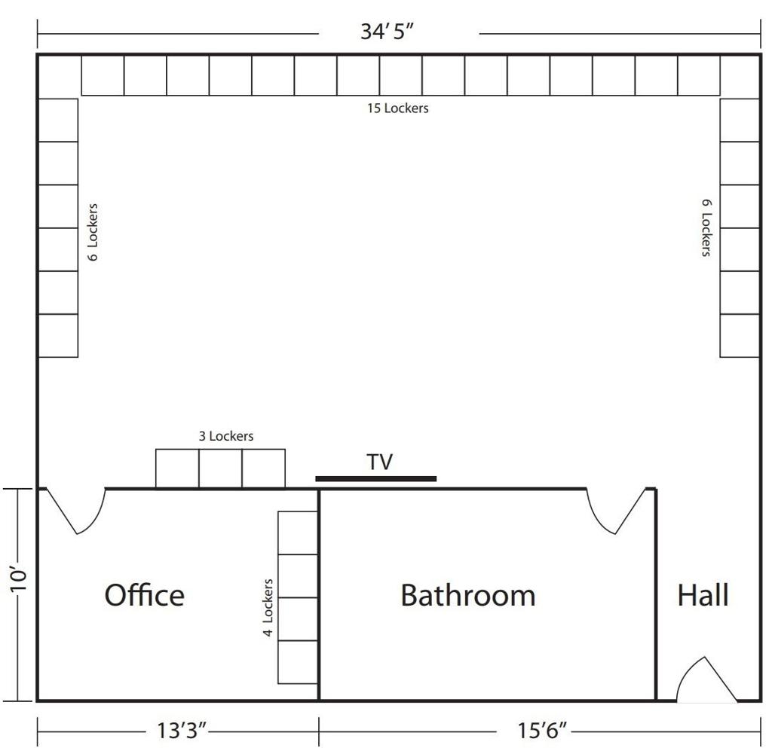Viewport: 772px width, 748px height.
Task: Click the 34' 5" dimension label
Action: [387, 32]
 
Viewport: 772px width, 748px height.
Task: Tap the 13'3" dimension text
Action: [181, 730]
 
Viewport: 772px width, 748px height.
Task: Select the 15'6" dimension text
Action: [542, 730]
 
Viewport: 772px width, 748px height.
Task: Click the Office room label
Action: [144, 594]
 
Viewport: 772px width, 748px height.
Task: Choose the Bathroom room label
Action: [467, 595]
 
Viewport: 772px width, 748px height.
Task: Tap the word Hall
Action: [703, 595]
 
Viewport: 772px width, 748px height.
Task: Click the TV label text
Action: [380, 462]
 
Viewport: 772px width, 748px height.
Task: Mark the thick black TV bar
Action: [375, 478]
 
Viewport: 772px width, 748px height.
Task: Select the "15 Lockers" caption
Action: [398, 108]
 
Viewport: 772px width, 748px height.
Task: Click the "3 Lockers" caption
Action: [226, 435]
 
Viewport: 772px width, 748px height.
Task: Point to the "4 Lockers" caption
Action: [268, 608]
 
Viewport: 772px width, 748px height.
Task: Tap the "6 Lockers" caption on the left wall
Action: [93, 232]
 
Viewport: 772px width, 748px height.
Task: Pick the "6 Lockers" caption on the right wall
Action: [706, 227]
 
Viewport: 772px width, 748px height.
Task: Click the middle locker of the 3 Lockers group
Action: [221, 469]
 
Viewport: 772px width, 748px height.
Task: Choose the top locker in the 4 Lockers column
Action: [298, 533]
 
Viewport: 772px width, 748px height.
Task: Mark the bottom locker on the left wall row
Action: [58, 335]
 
